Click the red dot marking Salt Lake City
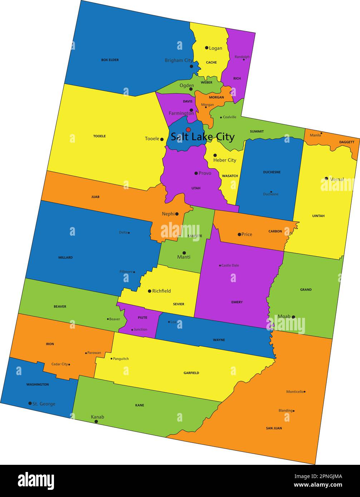coord(188,130)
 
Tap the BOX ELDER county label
coord(110,60)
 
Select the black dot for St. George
coord(30,403)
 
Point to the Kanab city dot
coord(96,422)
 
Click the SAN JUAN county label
coord(274,428)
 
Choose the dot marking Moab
coord(293,317)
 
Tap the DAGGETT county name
coord(346,142)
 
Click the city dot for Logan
coord(207,48)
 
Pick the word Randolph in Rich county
coord(242,57)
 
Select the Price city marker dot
coord(239,235)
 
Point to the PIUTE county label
coord(142,318)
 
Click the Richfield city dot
coord(149,291)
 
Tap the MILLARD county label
coord(65,257)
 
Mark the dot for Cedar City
coord(69,365)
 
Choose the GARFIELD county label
coord(191,373)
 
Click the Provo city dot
coord(196,173)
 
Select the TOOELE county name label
coord(99,136)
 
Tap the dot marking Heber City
coord(215,156)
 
